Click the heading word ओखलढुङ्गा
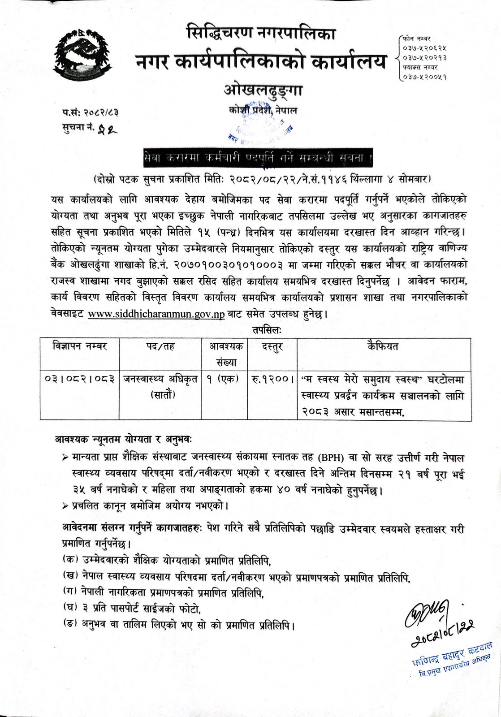[263, 91]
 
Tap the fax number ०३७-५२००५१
[424, 77]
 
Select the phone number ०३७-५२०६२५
[424, 48]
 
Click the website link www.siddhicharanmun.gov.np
[156, 314]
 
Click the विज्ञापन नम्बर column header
[80, 346]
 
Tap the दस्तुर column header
[272, 346]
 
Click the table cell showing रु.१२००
[272, 379]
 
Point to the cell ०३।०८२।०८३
[80, 379]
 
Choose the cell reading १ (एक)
[223, 379]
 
